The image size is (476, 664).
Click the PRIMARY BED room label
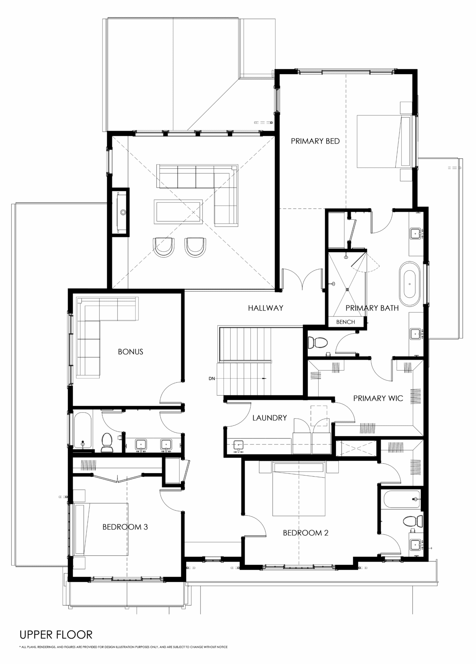pos(315,141)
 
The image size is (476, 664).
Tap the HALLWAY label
pos(265,308)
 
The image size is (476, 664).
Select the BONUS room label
pos(130,352)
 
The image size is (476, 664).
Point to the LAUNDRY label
pos(270,418)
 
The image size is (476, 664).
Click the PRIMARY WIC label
pos(378,398)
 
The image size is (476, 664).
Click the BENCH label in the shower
pos(345,322)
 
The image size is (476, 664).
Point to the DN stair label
pos(212,378)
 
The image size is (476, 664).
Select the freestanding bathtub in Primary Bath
pos(409,284)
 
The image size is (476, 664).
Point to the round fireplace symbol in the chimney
pos(123,212)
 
